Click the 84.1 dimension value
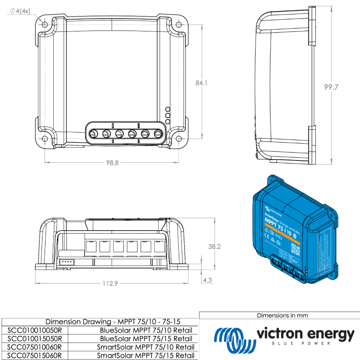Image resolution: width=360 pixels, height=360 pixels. (x=201, y=83)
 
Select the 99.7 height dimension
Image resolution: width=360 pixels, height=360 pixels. (x=331, y=88)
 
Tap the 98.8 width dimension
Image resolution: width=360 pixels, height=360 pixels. (x=112, y=163)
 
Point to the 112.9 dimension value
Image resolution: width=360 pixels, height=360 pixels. (x=110, y=284)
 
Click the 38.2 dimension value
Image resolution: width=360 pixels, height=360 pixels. (x=214, y=247)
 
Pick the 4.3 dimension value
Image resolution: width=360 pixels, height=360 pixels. (x=207, y=280)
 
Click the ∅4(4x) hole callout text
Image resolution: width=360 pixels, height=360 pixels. (x=20, y=11)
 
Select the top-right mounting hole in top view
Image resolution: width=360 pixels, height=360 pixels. (x=179, y=24)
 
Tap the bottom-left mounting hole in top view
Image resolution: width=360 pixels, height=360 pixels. (x=45, y=139)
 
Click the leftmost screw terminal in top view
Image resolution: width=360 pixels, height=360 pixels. (x=94, y=134)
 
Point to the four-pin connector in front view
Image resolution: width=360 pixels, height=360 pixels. (x=66, y=262)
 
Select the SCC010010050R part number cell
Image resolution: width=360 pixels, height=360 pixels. (x=34, y=330)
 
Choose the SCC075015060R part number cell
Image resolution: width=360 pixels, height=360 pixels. (x=34, y=355)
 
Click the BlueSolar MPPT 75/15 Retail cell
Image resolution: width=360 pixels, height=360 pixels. (x=146, y=339)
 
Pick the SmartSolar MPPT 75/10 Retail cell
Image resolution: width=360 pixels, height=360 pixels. (x=145, y=347)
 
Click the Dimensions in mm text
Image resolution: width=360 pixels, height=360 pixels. (x=282, y=315)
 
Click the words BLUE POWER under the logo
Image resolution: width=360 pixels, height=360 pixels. (x=302, y=343)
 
